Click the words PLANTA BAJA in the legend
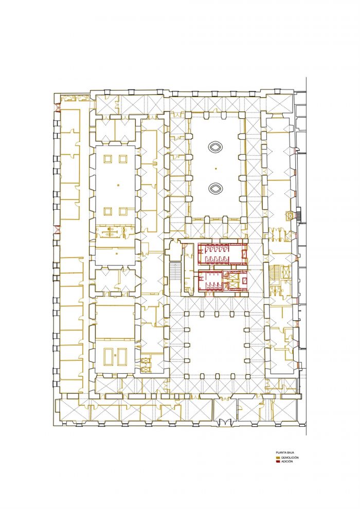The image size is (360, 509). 285,452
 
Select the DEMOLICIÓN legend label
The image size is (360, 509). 290,458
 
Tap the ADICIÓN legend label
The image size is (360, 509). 287,461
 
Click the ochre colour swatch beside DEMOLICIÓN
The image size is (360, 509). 278,458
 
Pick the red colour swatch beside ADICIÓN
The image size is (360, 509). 278,462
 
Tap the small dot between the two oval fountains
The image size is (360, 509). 216,168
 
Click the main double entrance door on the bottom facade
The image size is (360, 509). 225,422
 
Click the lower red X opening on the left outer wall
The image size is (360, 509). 58,229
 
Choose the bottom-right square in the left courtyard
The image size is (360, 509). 123,211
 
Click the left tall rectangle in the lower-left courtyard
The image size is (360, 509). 108,356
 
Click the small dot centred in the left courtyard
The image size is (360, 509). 118,185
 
